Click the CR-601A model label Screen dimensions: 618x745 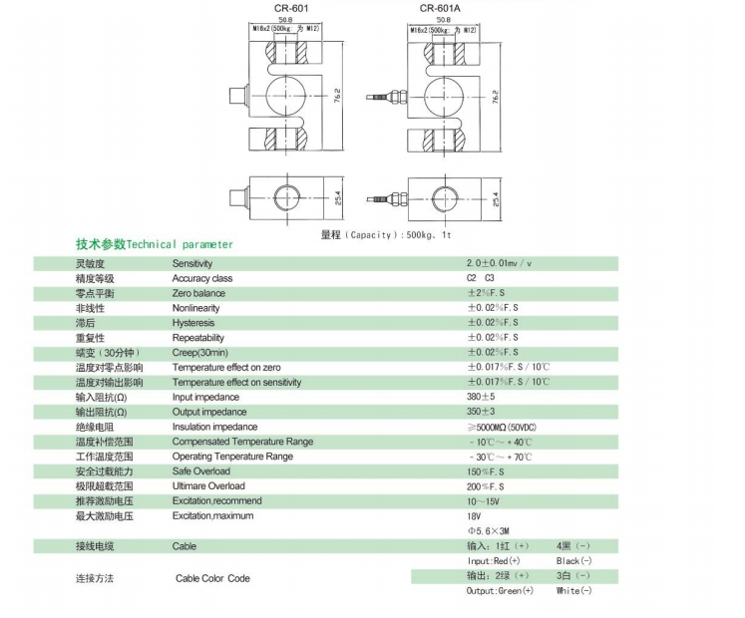439,8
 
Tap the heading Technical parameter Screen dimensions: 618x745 155,244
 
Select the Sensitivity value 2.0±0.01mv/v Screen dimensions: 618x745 501,264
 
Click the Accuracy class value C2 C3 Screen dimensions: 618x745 481,279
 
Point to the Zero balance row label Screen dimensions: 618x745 198,294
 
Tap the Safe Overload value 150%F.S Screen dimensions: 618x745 487,471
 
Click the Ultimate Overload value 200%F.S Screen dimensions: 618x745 487,486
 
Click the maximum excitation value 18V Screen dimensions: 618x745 475,516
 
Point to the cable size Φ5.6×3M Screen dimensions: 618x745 489,531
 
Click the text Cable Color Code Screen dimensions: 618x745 212,579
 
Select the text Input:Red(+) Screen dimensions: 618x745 494,561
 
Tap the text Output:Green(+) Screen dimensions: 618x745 500,591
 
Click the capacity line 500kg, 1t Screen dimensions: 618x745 386,234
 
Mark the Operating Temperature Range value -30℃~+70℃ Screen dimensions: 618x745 500,457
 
